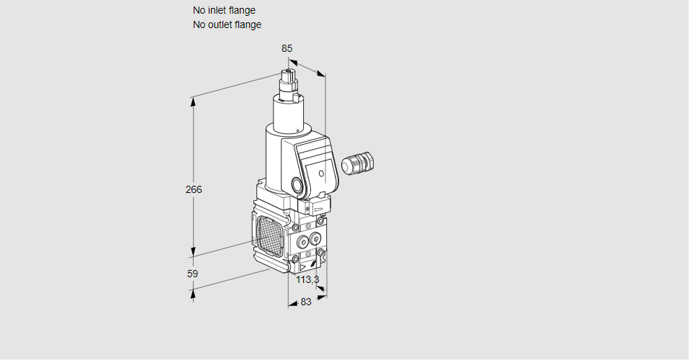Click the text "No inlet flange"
(x=224, y=10)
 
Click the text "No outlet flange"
(x=227, y=24)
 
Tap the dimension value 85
(x=287, y=48)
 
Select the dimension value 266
(x=193, y=190)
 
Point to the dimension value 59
(x=192, y=274)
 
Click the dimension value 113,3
(x=307, y=279)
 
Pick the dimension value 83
(x=306, y=302)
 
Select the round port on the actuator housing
(x=297, y=185)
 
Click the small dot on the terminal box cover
(x=321, y=173)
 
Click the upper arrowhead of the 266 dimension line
(x=193, y=102)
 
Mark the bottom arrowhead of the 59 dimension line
(x=193, y=294)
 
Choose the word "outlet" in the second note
(x=220, y=24)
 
